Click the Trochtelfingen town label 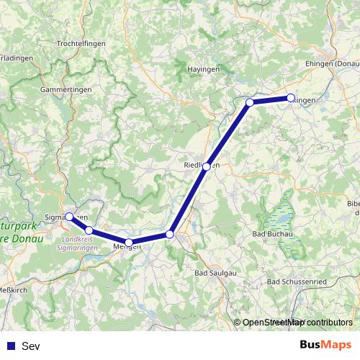(x=81, y=44)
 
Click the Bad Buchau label (x=274, y=235)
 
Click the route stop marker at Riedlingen (x=207, y=166)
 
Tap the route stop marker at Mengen (x=128, y=243)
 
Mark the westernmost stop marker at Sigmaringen (x=69, y=216)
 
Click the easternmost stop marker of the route (x=291, y=98)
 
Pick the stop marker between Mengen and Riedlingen (x=170, y=234)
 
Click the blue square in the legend (x=10, y=346)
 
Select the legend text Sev (x=31, y=346)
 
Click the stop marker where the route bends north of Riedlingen (x=250, y=102)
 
